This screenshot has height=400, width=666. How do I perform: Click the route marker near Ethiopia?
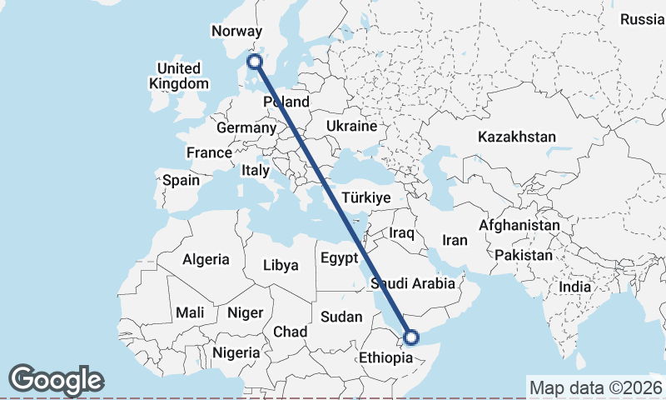(x=410, y=337)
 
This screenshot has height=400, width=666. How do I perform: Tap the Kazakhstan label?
(x=516, y=137)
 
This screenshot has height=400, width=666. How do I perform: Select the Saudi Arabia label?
(x=413, y=282)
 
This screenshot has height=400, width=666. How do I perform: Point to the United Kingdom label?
(x=179, y=76)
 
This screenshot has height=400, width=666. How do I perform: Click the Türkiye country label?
(x=365, y=197)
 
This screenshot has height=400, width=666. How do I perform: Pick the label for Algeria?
(x=206, y=259)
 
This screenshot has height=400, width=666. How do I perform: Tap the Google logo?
(x=56, y=380)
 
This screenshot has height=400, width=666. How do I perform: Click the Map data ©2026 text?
(x=595, y=387)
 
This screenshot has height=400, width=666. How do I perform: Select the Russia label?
(x=643, y=19)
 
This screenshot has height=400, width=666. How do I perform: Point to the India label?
(x=574, y=287)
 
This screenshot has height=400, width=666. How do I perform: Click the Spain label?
(x=181, y=179)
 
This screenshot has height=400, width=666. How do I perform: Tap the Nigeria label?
(x=236, y=352)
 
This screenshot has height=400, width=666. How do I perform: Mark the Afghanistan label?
(x=519, y=225)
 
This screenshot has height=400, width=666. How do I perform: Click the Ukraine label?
(x=351, y=126)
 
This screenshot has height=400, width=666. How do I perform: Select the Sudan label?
(x=341, y=317)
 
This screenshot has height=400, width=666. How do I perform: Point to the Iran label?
(x=455, y=240)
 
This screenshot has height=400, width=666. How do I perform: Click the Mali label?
(x=190, y=312)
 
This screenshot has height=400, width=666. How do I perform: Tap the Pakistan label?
(x=522, y=255)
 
